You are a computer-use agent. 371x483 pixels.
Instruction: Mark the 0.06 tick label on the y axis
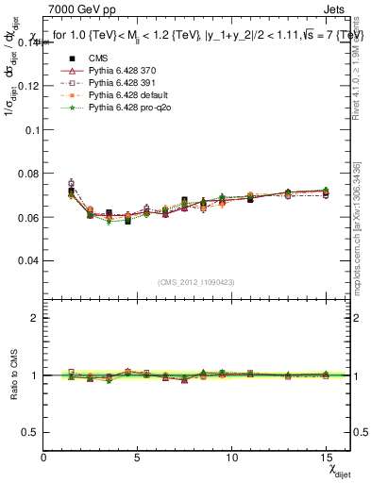tap(28, 217)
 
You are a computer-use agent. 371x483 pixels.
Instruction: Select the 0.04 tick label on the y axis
tap(28, 260)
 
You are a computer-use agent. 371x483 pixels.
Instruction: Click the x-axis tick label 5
tap(138, 457)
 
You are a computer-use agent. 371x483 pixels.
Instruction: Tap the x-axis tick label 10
tap(231, 457)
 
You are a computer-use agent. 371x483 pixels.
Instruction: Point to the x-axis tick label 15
tap(326, 457)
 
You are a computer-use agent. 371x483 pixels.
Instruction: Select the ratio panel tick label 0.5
tap(30, 432)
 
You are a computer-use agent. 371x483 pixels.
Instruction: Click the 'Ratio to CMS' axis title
tap(12, 375)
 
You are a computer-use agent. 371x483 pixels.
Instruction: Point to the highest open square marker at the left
tap(72, 183)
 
